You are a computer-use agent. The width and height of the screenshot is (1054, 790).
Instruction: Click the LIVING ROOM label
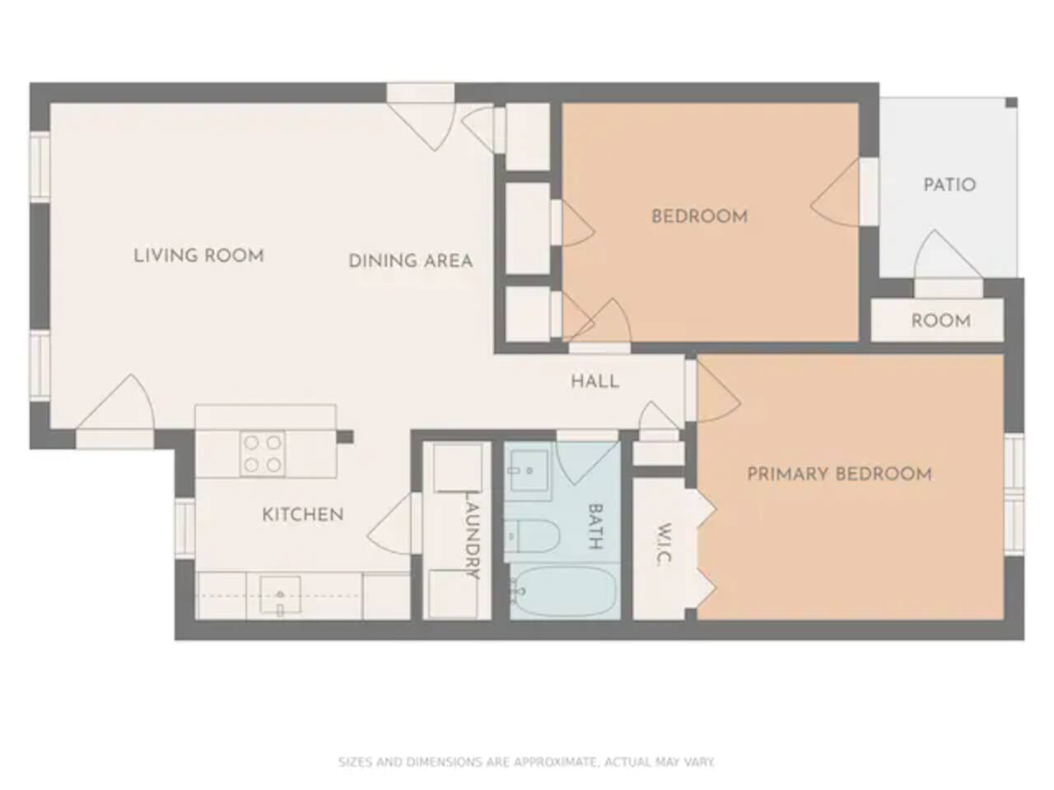point(198,256)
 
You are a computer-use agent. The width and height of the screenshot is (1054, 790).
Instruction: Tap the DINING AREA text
point(411,261)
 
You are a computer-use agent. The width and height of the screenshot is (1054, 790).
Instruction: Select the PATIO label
point(949,184)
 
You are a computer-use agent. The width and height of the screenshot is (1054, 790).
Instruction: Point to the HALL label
point(595,381)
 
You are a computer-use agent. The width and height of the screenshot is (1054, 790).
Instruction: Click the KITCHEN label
point(303,514)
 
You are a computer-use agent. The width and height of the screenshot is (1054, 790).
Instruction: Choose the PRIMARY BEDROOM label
point(839,474)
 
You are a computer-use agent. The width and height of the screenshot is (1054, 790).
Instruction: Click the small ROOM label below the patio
point(941,320)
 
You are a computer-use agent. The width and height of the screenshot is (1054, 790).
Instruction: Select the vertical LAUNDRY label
point(472,535)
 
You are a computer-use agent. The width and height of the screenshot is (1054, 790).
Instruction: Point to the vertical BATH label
point(595,526)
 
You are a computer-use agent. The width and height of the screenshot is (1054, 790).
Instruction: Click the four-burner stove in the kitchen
point(263,453)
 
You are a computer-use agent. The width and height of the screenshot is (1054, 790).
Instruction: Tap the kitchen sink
point(281,595)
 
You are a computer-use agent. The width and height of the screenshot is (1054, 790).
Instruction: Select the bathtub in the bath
point(563,592)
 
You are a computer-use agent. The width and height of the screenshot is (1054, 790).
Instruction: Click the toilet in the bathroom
point(532,536)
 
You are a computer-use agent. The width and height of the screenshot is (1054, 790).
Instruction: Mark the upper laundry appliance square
point(458,468)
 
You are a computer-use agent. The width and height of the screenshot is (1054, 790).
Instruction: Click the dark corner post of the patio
point(1012,103)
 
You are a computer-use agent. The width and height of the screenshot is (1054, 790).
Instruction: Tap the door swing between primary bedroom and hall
point(719,393)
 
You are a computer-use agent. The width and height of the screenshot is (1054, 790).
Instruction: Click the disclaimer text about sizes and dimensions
point(526,762)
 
